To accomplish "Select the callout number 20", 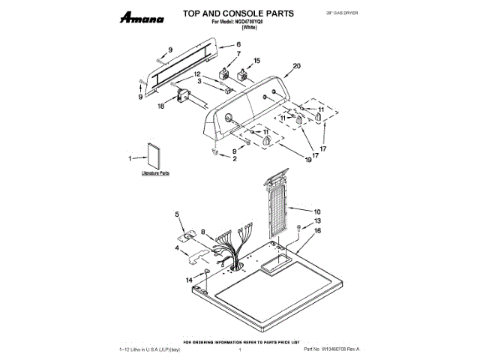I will click(296, 67).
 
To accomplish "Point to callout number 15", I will click(256, 61).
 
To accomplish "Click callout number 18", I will click(160, 107).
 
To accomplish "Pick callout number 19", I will click(307, 159).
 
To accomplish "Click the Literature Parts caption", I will click(156, 173).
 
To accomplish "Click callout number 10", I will click(317, 211).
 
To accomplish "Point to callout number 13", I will click(317, 221).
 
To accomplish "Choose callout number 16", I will click(317, 231).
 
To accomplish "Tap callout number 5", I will click(178, 214).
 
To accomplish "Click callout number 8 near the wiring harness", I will click(202, 232).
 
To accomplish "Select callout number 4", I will click(177, 247).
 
